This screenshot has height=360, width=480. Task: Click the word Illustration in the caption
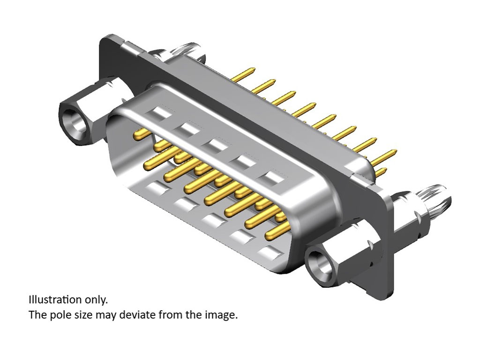coord(55,300)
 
